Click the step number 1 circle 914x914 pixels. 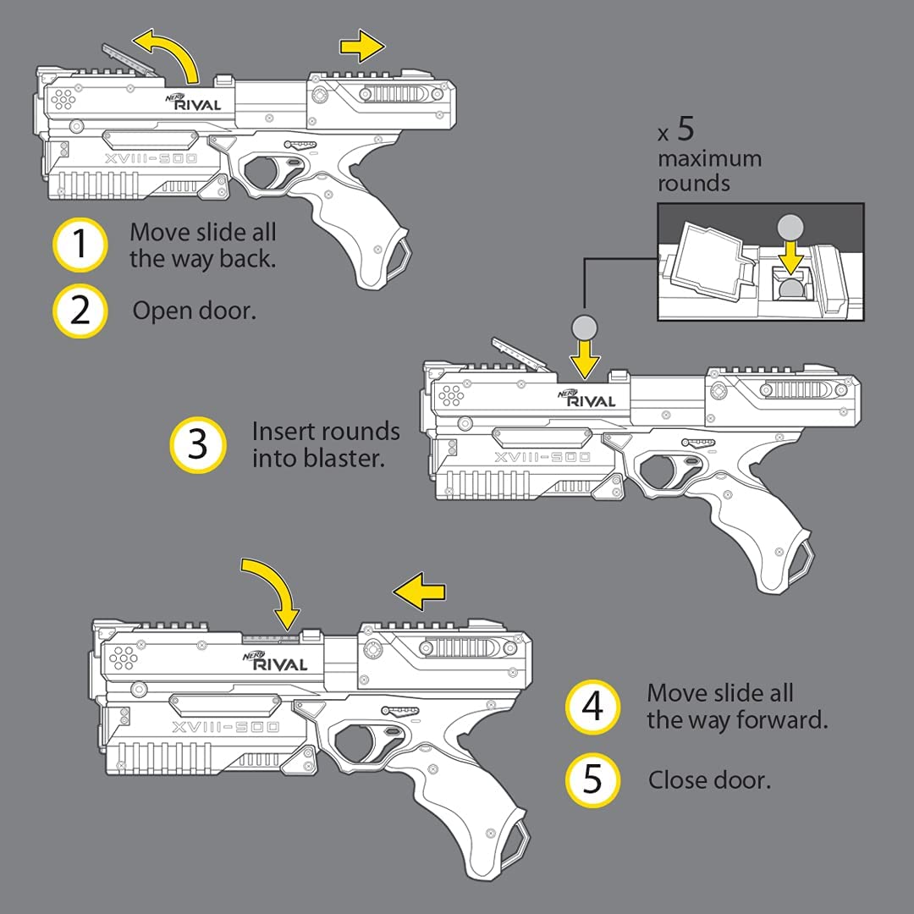point(80,245)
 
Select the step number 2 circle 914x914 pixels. point(80,311)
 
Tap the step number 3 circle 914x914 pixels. point(198,444)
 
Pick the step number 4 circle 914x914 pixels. point(593,707)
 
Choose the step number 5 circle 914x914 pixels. point(593,779)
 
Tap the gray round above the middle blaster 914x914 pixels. point(584,327)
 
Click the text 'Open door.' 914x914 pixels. point(194,311)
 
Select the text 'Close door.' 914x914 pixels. point(709,779)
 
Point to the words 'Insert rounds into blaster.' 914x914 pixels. point(326,444)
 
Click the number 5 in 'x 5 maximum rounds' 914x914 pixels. point(685,129)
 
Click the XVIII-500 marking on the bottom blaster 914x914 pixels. point(225,728)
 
